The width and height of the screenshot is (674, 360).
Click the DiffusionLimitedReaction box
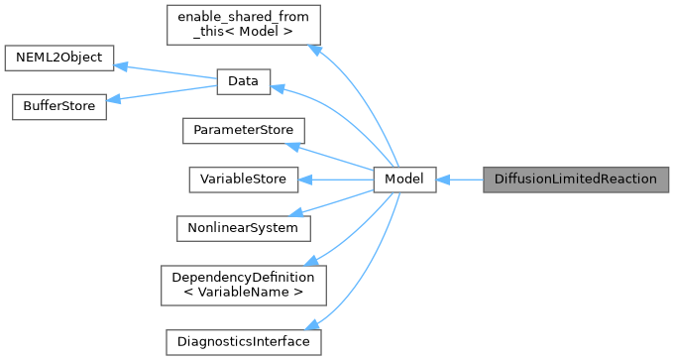576,180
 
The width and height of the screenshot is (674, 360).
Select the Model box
404,180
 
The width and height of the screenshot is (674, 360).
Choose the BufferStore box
57,107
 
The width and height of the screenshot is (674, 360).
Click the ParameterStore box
243,131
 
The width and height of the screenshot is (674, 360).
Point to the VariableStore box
243,180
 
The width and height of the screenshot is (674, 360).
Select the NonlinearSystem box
243,228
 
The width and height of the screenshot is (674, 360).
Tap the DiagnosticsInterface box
243,341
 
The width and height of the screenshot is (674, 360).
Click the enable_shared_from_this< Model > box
243,24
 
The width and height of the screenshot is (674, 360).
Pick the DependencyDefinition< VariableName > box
243,285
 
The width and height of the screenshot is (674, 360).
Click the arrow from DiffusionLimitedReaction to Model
459,180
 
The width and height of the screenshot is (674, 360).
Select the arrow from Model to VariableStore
336,180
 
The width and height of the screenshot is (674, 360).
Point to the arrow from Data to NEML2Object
166,70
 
